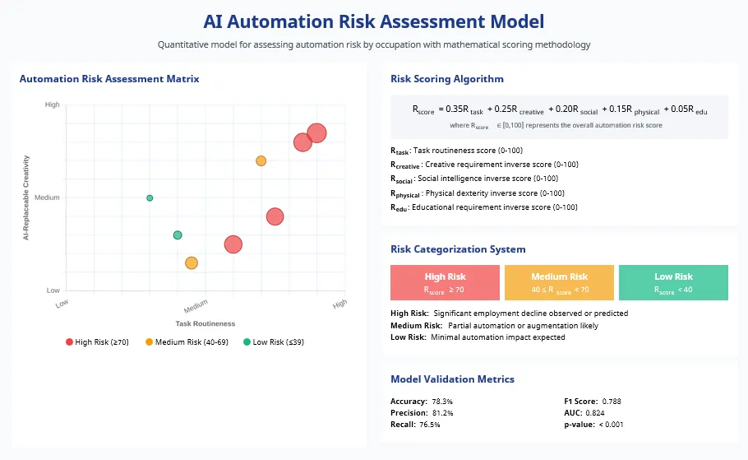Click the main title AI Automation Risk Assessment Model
click(373, 21)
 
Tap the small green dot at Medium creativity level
click(150, 197)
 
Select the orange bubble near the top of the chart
click(261, 160)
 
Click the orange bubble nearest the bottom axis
click(192, 263)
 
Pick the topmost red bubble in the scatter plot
click(316, 133)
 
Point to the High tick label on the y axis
click(53, 105)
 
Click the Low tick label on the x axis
click(62, 304)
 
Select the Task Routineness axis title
click(205, 323)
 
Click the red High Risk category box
click(445, 282)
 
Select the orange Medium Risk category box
click(559, 282)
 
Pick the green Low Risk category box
click(673, 282)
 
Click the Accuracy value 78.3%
click(442, 401)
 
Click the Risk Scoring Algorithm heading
click(447, 79)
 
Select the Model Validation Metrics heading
click(452, 379)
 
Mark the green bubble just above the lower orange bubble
click(178, 235)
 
